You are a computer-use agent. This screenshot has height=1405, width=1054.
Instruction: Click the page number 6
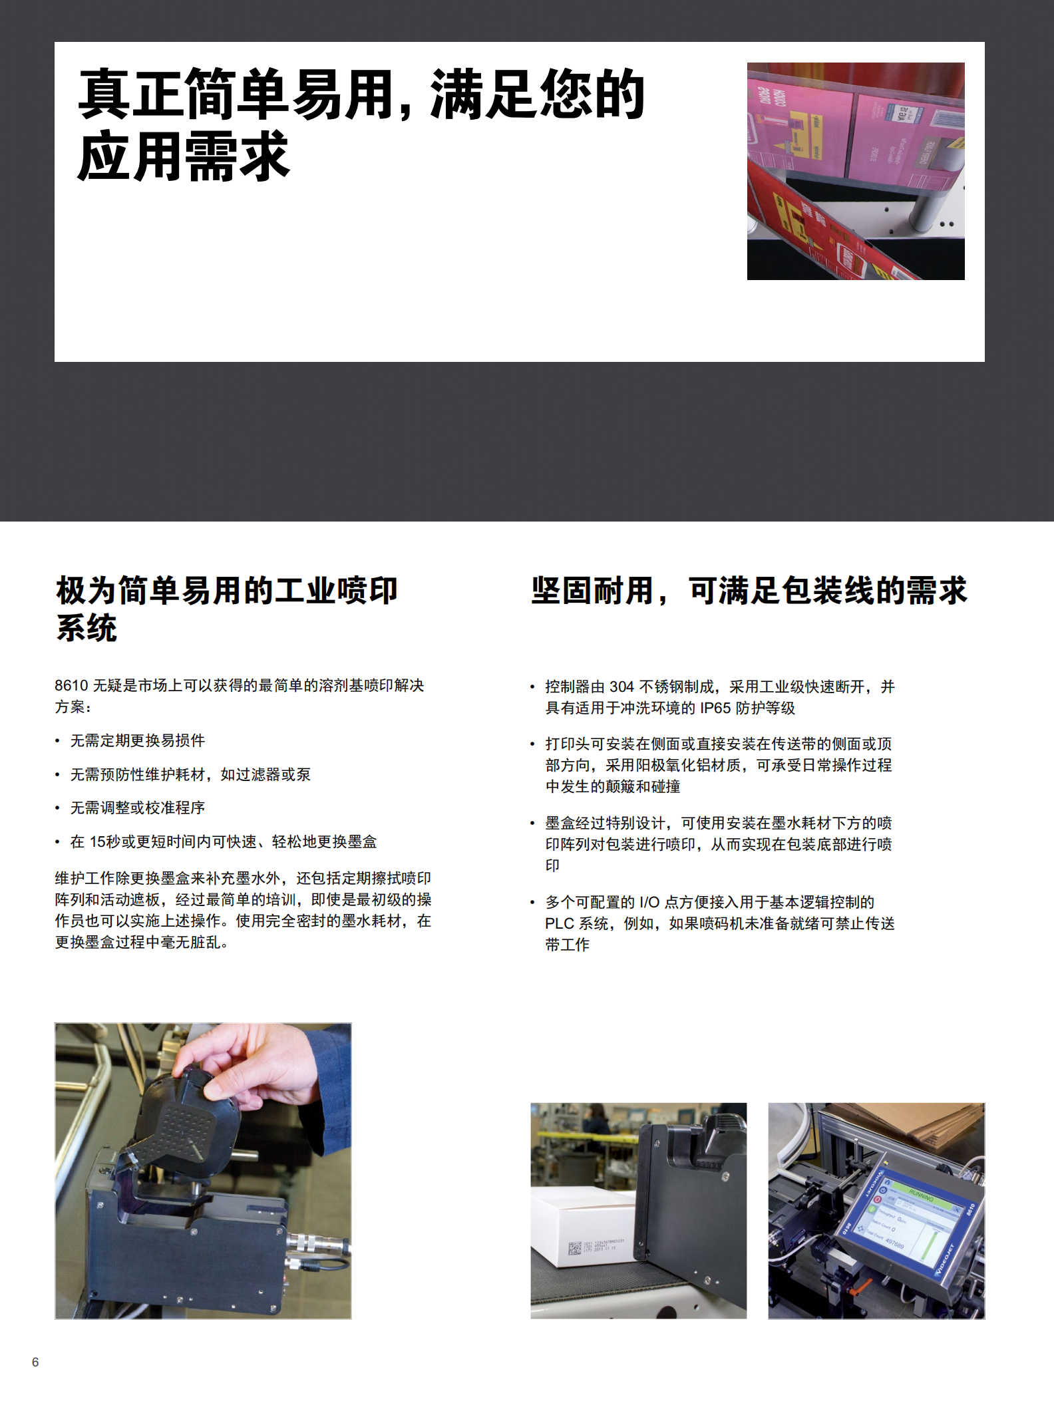point(35,1362)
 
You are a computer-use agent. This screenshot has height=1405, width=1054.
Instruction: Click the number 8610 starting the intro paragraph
point(71,686)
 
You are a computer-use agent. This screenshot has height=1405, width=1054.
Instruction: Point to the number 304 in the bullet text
point(621,687)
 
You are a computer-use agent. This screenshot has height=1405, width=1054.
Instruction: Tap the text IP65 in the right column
point(715,708)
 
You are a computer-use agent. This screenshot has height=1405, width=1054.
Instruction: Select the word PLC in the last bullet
point(558,923)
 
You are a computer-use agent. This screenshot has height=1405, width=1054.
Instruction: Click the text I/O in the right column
point(649,902)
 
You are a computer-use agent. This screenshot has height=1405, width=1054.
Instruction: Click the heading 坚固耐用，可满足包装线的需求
point(749,591)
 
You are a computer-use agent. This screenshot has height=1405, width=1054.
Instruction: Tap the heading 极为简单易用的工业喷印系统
point(226,608)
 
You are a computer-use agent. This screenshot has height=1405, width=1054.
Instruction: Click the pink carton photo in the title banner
point(855,171)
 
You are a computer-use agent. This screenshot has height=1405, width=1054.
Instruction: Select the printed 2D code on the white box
point(574,1248)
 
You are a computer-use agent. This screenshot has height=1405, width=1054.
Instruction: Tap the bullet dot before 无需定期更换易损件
point(58,741)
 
